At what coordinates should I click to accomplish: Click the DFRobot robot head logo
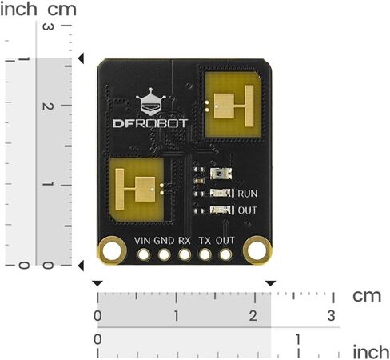click(x=151, y=102)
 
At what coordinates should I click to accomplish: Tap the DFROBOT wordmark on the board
click(x=150, y=123)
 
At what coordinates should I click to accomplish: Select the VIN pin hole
click(x=144, y=254)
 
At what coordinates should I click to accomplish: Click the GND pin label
click(x=164, y=241)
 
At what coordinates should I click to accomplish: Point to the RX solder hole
click(x=185, y=254)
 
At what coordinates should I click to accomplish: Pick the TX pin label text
click(x=205, y=241)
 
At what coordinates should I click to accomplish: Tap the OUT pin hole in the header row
click(x=225, y=254)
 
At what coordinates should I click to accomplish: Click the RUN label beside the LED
click(x=248, y=194)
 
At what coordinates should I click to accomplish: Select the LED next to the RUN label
click(x=221, y=193)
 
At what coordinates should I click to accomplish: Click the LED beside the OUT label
click(x=221, y=210)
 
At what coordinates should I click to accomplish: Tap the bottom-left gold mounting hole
click(x=112, y=250)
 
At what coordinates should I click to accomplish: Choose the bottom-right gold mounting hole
click(x=257, y=250)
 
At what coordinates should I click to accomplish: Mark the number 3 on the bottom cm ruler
click(x=331, y=316)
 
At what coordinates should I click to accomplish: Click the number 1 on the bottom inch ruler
click(x=298, y=339)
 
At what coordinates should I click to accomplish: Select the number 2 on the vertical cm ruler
click(x=48, y=106)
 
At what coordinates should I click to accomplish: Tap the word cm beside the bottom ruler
click(x=367, y=296)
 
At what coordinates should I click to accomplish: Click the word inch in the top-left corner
click(x=18, y=10)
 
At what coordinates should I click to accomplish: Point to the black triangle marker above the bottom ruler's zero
click(x=97, y=283)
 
